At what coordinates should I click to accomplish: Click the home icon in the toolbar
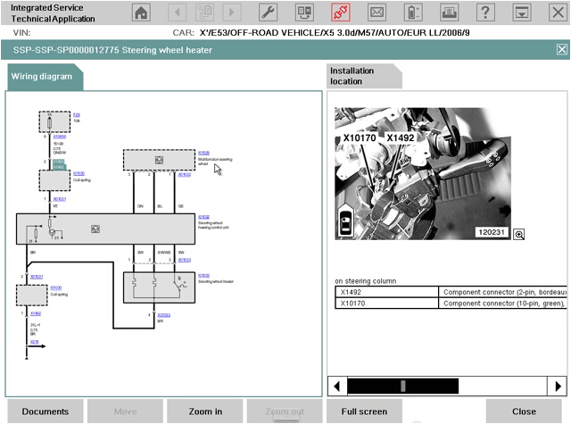coord(141,12)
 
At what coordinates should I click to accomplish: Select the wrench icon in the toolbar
coord(267,12)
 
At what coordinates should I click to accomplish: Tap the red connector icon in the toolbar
coord(340,12)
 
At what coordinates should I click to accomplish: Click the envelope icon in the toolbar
coord(377,12)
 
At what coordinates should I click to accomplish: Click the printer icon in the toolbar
coord(413,12)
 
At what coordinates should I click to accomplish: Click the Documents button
coord(46,412)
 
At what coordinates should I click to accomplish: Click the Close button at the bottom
coord(524,412)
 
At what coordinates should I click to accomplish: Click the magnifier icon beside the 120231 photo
coord(518,234)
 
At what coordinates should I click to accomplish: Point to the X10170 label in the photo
coord(360,139)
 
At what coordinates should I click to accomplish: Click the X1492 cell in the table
coord(387,292)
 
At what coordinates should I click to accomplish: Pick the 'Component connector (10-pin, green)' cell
coord(504,303)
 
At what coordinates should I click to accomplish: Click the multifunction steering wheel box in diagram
coord(158,160)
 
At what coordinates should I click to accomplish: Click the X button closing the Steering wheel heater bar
coord(561,50)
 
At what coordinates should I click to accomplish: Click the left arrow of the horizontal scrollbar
coord(336,386)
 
